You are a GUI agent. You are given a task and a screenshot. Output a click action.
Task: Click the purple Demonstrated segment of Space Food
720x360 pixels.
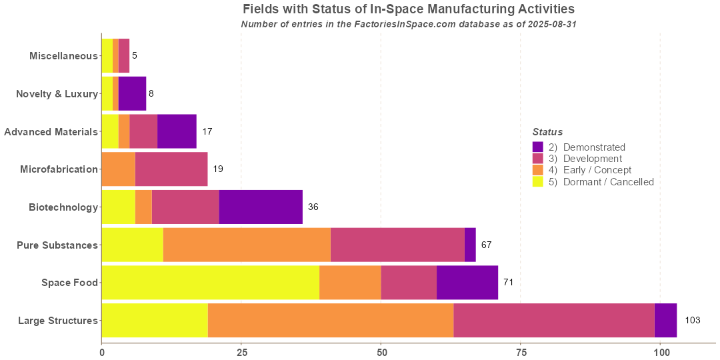pyautogui.click(x=467, y=283)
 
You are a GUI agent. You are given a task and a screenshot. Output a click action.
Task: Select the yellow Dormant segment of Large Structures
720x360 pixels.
pyautogui.click(x=155, y=321)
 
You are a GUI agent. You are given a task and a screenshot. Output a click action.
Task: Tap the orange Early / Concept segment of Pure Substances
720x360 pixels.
pyautogui.click(x=247, y=245)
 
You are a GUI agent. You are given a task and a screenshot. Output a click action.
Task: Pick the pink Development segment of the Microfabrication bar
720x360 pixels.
pyautogui.click(x=171, y=169)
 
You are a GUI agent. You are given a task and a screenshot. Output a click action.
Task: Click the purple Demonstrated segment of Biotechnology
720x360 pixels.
pyautogui.click(x=261, y=207)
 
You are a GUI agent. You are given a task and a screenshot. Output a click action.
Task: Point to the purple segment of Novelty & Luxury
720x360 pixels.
pyautogui.click(x=132, y=93)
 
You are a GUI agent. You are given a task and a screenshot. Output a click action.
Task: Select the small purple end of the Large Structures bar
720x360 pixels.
pyautogui.click(x=665, y=321)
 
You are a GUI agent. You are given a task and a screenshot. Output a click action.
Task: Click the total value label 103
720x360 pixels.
pyautogui.click(x=693, y=321)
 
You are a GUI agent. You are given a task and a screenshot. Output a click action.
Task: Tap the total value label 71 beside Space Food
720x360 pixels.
pyautogui.click(x=508, y=283)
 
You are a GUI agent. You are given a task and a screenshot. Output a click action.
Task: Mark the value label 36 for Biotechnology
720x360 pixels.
pyautogui.click(x=313, y=207)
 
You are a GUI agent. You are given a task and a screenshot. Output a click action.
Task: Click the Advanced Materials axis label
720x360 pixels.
pyautogui.click(x=51, y=132)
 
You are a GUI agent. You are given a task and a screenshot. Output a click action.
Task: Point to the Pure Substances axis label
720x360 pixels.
pyautogui.click(x=57, y=245)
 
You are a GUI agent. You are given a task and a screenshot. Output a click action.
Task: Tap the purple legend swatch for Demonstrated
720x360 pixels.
pyautogui.click(x=538, y=147)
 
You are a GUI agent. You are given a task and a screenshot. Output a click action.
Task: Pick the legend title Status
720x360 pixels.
pyautogui.click(x=547, y=132)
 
